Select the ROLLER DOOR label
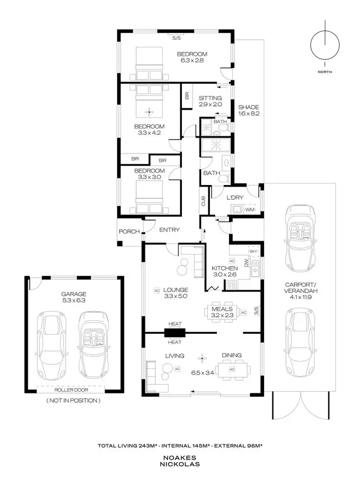point(72,390)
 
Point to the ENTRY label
point(169,230)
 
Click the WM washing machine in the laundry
point(250,210)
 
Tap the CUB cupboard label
point(204,201)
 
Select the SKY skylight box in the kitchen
point(253,251)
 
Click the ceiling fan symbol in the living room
point(202,357)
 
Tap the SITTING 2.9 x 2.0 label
point(210,101)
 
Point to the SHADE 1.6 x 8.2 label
point(249,110)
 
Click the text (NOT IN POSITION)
point(72,400)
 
